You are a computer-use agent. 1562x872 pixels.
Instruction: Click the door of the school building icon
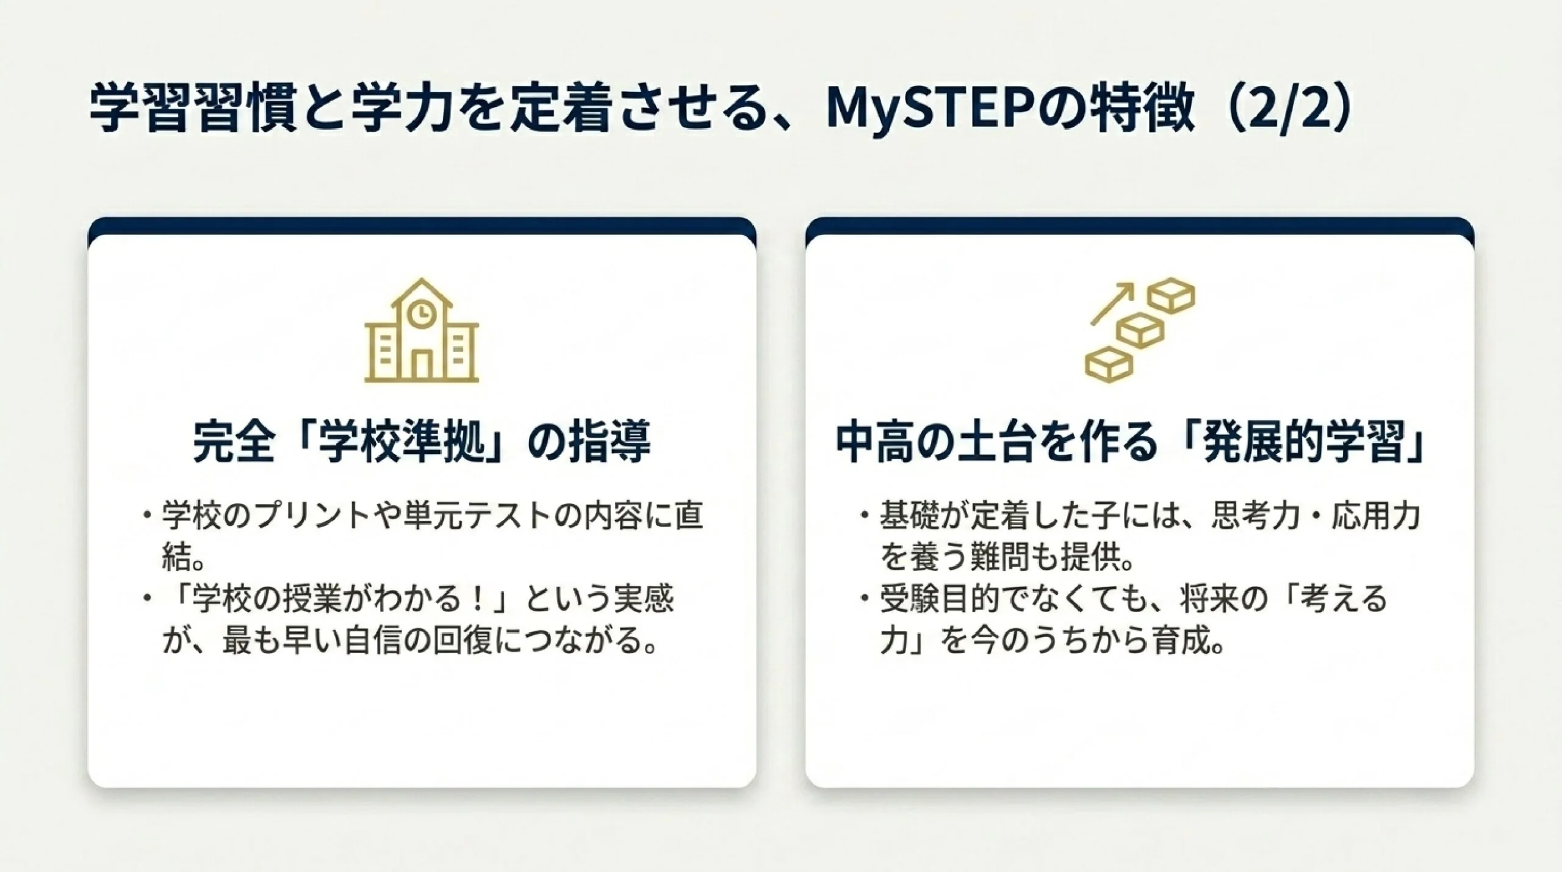[x=422, y=362]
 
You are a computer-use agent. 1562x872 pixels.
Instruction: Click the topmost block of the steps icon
[x=1170, y=296]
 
